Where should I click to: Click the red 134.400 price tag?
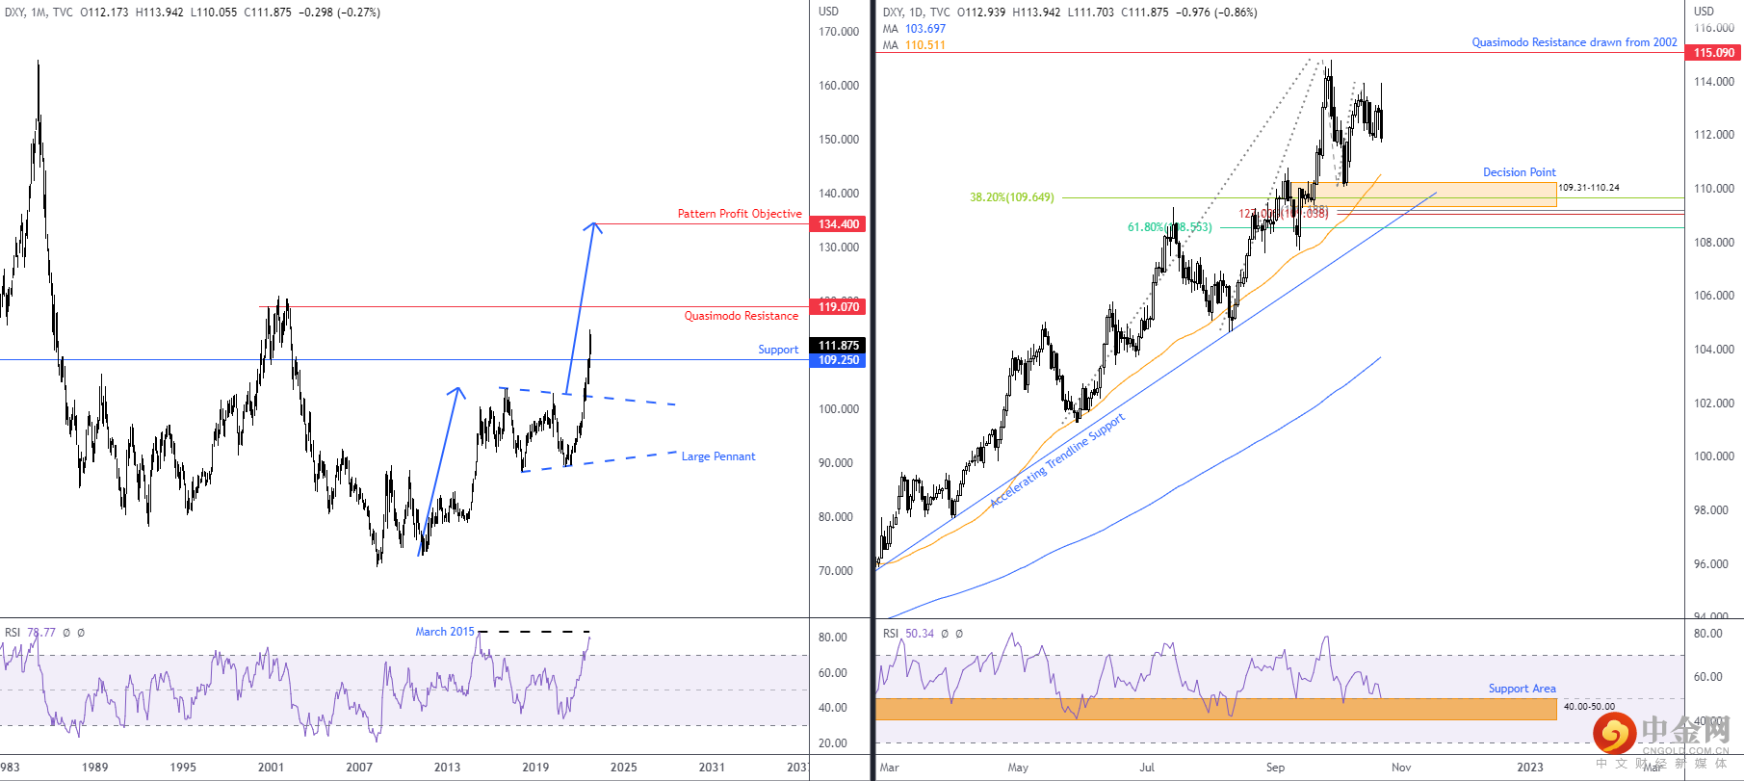[839, 224]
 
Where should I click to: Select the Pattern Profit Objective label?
[739, 214]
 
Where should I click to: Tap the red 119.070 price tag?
[839, 307]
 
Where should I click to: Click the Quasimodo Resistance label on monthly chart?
[741, 316]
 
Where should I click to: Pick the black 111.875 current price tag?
[839, 345]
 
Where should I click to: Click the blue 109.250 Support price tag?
[839, 360]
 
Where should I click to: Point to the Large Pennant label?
[717, 456]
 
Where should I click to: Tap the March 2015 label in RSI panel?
[444, 632]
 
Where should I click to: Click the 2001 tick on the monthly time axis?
[271, 768]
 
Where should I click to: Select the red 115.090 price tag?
[1714, 53]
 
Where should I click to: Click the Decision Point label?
[1519, 172]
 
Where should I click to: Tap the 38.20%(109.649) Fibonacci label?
[1011, 197]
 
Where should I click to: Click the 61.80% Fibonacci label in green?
[1169, 227]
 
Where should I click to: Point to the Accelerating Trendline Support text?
[1056, 460]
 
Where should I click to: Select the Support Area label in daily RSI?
[1522, 689]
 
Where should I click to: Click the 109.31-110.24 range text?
[1588, 188]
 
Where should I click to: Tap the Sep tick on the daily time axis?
[1275, 768]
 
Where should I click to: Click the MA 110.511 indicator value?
[924, 45]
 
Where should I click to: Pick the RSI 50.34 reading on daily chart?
[919, 634]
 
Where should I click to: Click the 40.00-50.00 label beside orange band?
[1589, 707]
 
